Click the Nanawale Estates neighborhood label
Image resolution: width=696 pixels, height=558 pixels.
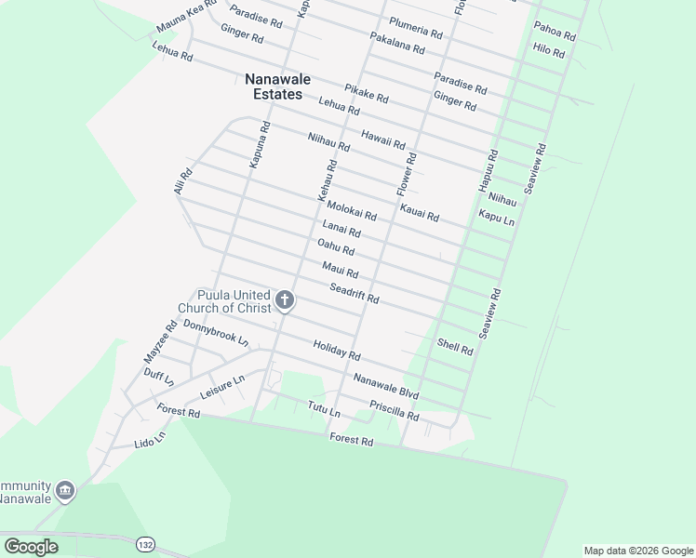click(274, 86)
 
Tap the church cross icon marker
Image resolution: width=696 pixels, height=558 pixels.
click(285, 300)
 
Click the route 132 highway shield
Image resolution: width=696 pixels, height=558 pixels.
click(145, 543)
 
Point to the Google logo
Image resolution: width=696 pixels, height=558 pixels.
click(31, 547)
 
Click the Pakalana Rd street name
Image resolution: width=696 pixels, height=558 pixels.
click(396, 42)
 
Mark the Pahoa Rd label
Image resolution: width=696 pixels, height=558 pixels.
click(555, 33)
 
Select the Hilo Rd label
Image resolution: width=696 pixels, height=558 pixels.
click(549, 50)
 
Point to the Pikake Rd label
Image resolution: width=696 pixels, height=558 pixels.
click(366, 94)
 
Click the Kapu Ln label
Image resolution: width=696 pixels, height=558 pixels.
click(496, 218)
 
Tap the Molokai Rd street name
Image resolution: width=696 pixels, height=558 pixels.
click(352, 211)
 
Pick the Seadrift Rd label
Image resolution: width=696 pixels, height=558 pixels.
click(355, 293)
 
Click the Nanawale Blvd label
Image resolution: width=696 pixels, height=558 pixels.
click(385, 387)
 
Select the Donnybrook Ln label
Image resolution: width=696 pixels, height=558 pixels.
click(216, 333)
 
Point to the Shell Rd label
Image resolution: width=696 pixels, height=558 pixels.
click(455, 347)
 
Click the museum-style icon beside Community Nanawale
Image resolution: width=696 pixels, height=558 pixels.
click(65, 490)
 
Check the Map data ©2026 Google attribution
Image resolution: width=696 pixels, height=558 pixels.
click(638, 551)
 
